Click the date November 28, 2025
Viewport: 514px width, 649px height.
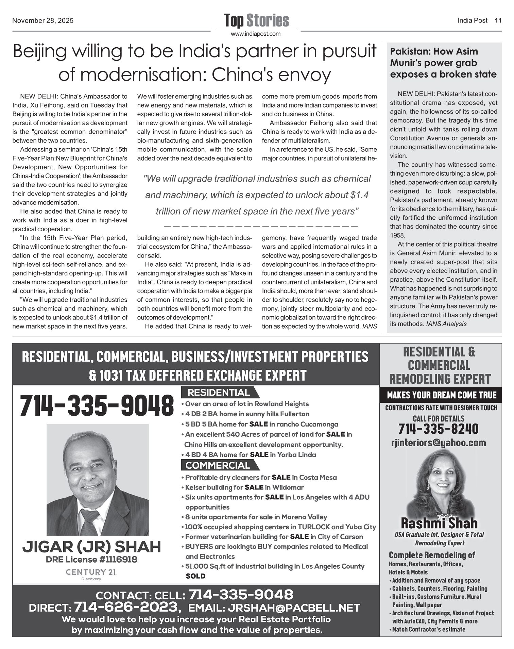[43, 21]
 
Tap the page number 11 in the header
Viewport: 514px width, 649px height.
[498, 20]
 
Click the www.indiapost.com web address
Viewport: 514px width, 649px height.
[256, 34]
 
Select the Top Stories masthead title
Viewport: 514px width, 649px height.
[256, 20]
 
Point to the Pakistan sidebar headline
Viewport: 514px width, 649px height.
[443, 63]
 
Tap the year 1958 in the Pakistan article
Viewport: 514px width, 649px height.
[397, 235]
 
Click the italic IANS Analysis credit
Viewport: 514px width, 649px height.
[446, 324]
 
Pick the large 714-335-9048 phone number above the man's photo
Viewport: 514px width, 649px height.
[97, 405]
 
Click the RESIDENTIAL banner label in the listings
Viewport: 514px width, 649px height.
[218, 393]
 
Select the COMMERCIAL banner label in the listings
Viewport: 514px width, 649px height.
[218, 465]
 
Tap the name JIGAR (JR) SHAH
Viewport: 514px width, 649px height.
[91, 547]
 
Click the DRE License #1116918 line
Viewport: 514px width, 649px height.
[91, 560]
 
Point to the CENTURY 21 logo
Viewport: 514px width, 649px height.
[91, 572]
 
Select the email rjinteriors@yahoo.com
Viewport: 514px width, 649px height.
[439, 443]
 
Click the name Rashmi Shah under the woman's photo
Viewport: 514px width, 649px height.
[439, 523]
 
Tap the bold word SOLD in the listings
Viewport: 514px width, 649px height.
[195, 576]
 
